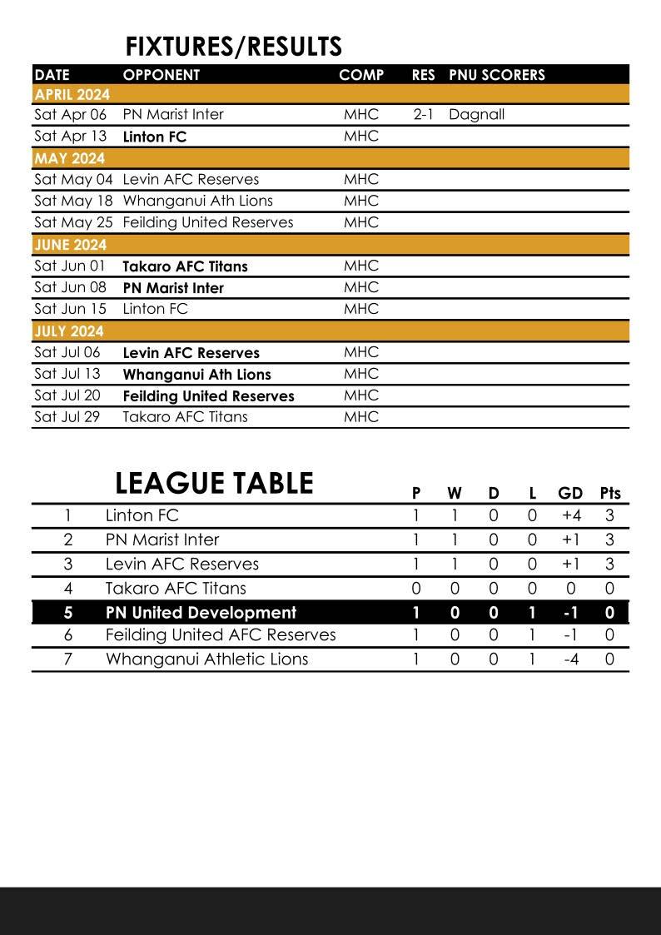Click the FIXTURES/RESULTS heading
click(233, 47)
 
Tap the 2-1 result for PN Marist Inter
click(423, 115)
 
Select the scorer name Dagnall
click(476, 115)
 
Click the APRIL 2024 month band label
click(72, 94)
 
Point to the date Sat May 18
click(73, 201)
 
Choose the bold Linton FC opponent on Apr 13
click(155, 137)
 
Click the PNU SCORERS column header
click(497, 75)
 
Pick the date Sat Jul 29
click(67, 417)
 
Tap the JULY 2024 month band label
click(69, 331)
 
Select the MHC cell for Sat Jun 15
click(360, 309)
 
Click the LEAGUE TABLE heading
click(214, 484)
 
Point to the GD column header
click(570, 493)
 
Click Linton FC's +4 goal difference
click(571, 516)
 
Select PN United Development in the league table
click(201, 613)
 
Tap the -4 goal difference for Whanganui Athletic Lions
click(571, 659)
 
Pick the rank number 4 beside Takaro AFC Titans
click(68, 589)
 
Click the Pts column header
click(610, 493)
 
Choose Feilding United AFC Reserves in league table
click(221, 635)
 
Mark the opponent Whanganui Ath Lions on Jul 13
click(197, 375)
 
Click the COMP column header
click(361, 75)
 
